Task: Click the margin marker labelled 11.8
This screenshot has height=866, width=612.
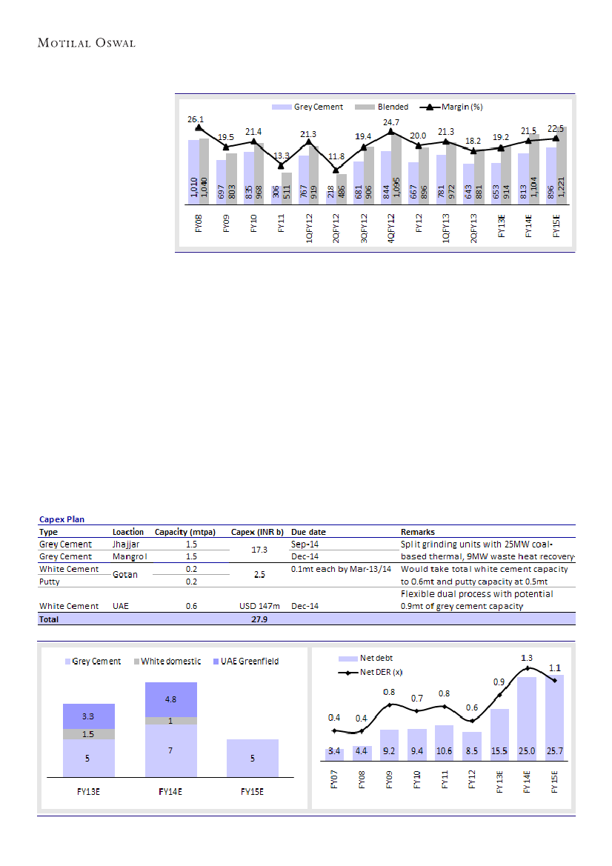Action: pyautogui.click(x=336, y=170)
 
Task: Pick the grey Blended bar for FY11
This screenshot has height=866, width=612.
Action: pyautogui.click(x=287, y=187)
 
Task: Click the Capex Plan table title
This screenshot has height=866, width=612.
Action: pyautogui.click(x=61, y=519)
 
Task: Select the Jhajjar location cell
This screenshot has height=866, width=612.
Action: pyautogui.click(x=126, y=544)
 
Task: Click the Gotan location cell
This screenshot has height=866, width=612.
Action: pyautogui.click(x=125, y=575)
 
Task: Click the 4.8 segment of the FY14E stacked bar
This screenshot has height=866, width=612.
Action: pyautogui.click(x=171, y=699)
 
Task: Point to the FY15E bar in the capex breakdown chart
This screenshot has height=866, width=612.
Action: pyautogui.click(x=252, y=756)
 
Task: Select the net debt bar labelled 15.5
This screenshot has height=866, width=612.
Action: pyautogui.click(x=499, y=733)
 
